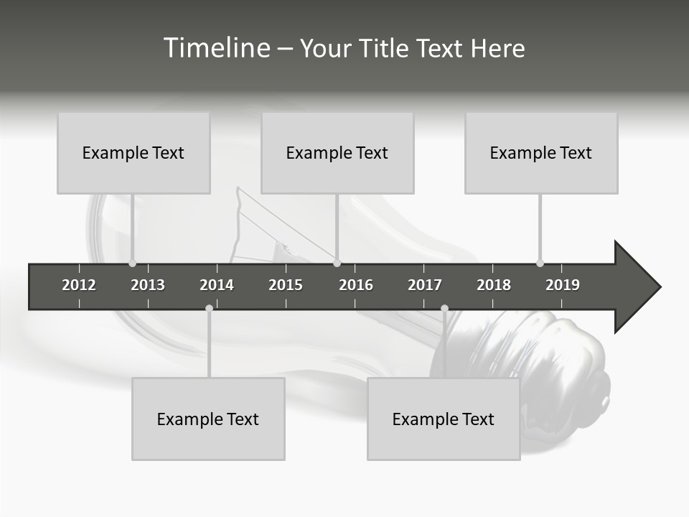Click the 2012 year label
(79, 285)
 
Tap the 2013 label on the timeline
(148, 285)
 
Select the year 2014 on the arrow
(217, 285)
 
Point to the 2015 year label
(286, 285)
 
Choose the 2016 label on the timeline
(356, 285)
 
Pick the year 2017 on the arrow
(425, 285)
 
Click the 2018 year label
(494, 285)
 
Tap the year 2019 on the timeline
(563, 285)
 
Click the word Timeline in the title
(215, 48)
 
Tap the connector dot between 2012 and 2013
(132, 263)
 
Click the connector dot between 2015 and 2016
(337, 263)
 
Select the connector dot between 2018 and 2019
(540, 263)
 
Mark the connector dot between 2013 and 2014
(209, 309)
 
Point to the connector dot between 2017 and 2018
(444, 309)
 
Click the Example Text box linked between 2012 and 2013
(133, 153)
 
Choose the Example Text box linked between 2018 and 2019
(541, 153)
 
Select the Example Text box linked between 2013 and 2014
(208, 419)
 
